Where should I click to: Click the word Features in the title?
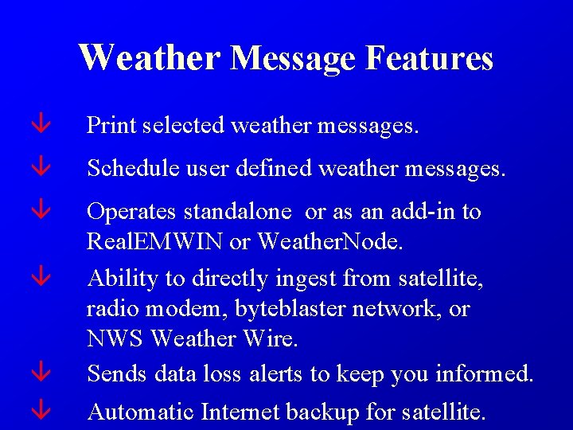coord(429,58)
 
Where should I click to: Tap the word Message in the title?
coord(293,58)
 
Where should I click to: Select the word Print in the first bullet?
coord(110,125)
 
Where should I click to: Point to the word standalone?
coord(238,212)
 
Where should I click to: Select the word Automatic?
coord(140,412)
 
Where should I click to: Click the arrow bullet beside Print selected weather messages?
coord(41,124)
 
